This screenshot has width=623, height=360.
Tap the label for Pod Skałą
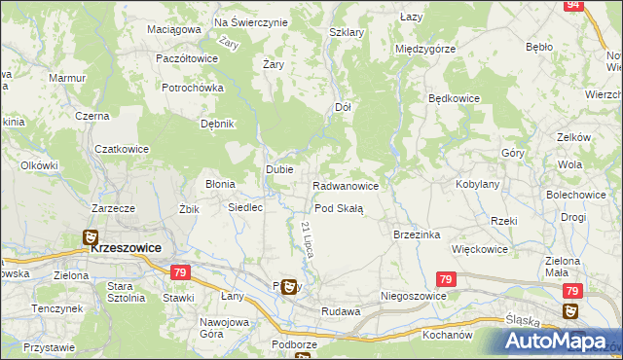tap(338, 208)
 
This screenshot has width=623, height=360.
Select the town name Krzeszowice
tap(126, 247)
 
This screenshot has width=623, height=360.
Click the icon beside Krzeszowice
tap(90, 237)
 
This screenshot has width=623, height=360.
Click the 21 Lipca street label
tap(307, 237)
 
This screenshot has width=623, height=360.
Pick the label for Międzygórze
tap(424, 49)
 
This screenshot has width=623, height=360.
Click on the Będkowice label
tap(457, 99)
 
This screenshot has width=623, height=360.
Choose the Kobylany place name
tap(477, 184)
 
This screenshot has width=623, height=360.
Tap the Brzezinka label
tap(417, 234)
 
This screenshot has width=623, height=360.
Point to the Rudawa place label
tap(340, 311)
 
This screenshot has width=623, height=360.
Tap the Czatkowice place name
tap(122, 149)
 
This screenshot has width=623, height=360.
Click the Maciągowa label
tap(174, 29)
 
